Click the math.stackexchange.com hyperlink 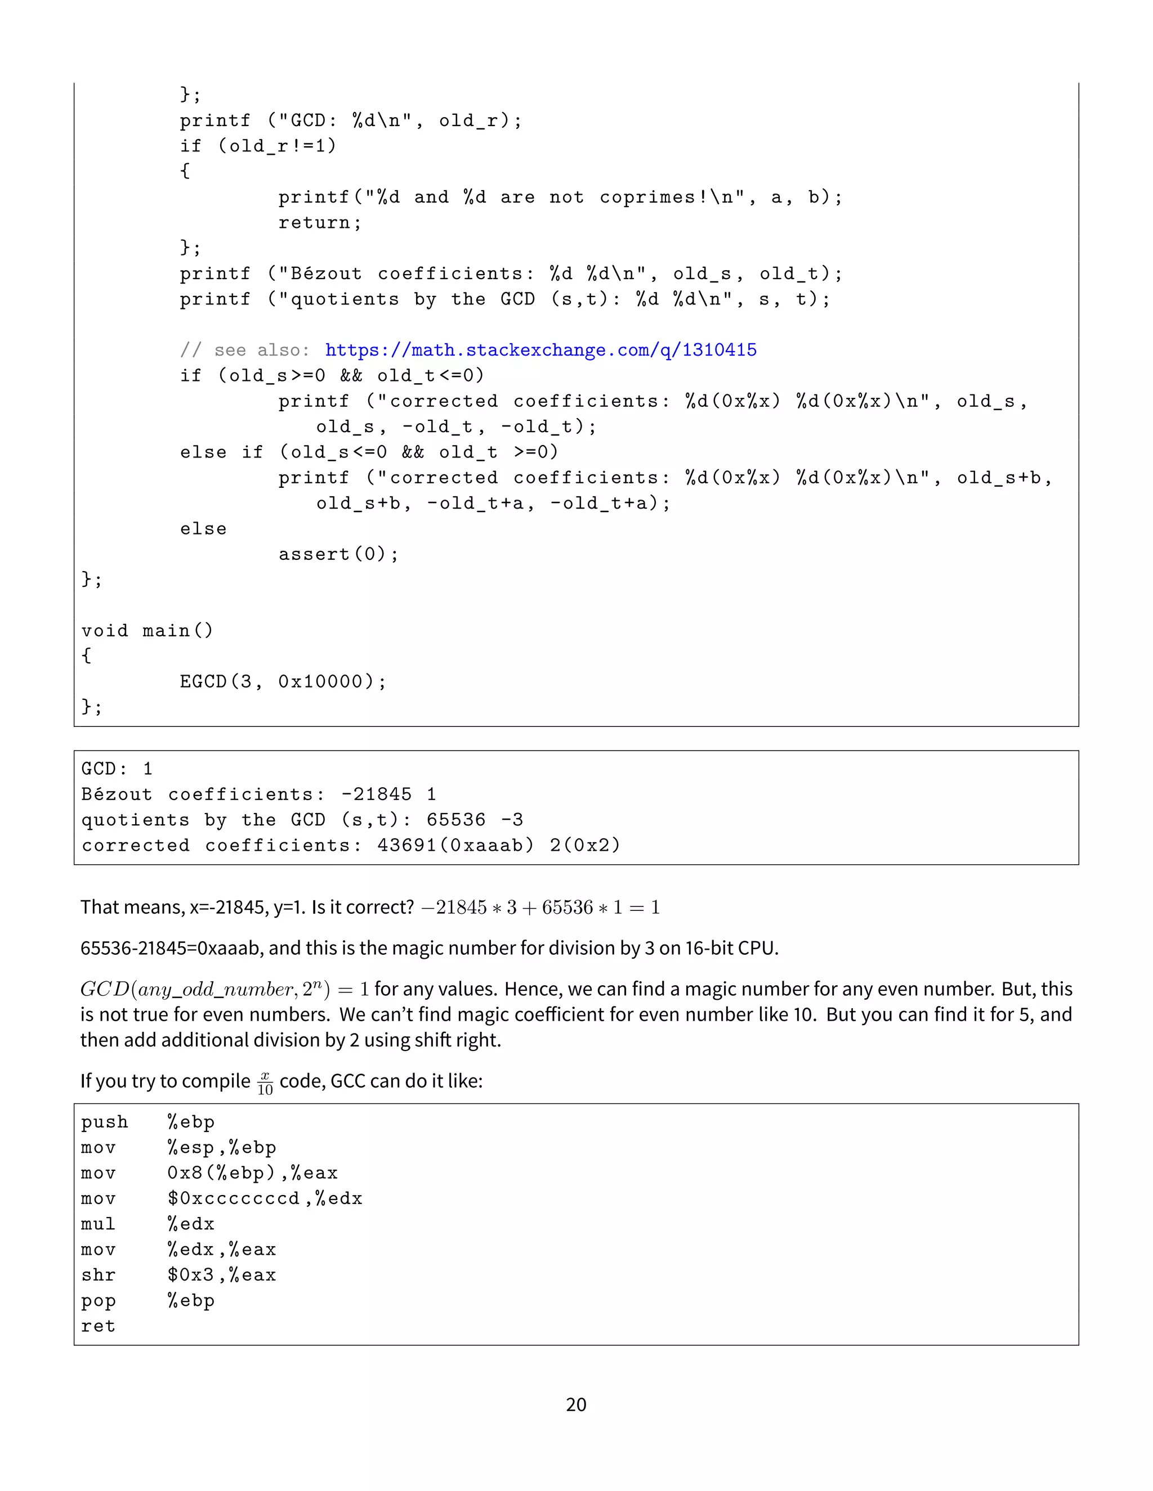540,350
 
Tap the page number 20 576,1404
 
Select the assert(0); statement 338,554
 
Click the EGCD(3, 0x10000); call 283,681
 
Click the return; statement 320,223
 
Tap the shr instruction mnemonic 97,1276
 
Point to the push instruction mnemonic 104,1122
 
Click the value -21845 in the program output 377,794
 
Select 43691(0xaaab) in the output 455,845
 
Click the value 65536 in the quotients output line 455,820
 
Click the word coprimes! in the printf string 654,197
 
